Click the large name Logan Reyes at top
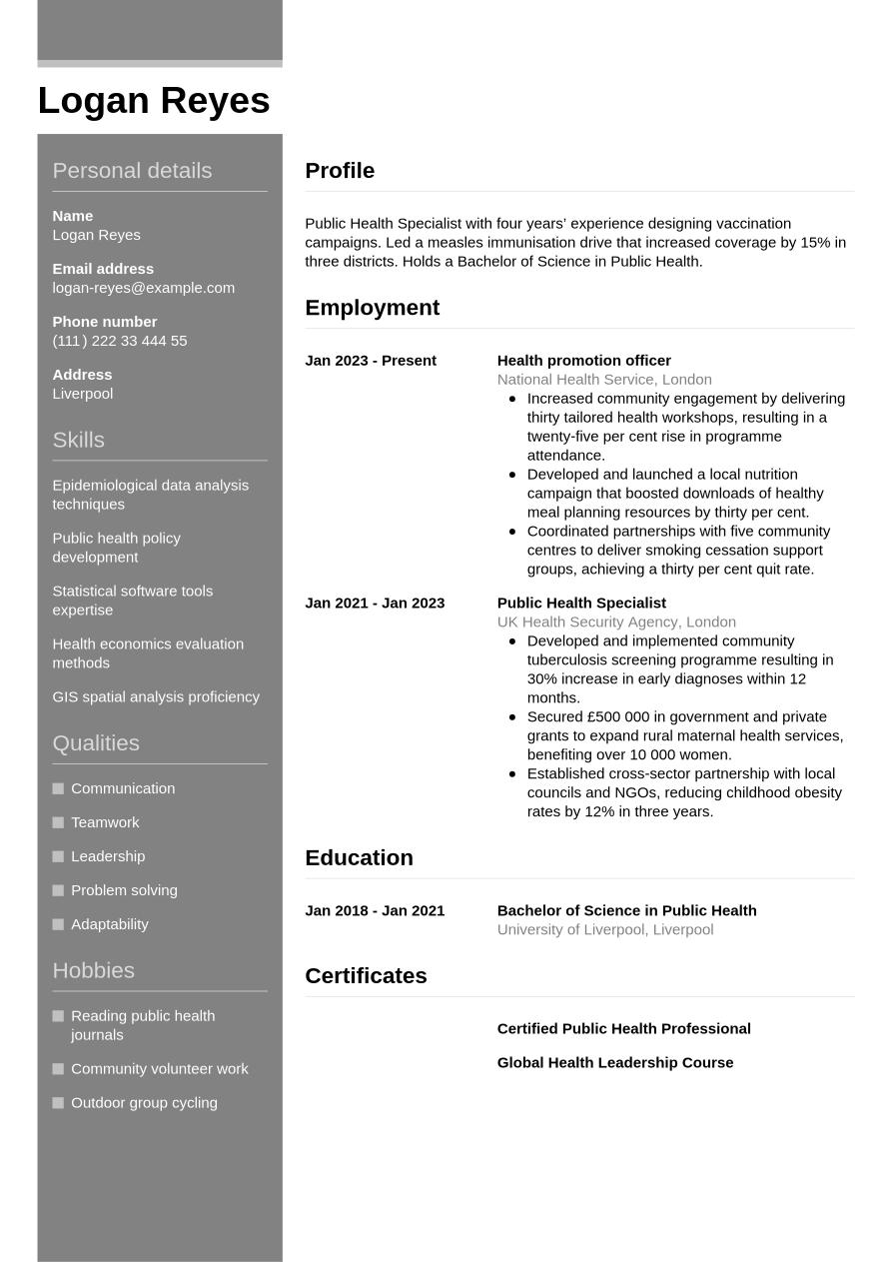coord(154,101)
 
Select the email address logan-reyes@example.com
coord(143,288)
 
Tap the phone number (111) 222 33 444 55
coord(119,341)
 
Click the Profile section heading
coord(340,171)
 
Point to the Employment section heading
coord(372,308)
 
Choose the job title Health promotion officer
coord(583,361)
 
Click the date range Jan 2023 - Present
coord(371,361)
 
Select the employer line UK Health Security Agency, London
coord(616,622)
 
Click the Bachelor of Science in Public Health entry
coord(626,910)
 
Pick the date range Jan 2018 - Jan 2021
coord(375,910)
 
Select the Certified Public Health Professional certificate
coord(623,1028)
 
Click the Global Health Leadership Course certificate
coord(614,1062)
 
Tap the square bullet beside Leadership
coord(58,856)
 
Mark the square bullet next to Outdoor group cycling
coord(58,1103)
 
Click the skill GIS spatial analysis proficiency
coord(156,696)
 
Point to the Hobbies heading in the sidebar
coord(93,970)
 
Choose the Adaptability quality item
coord(109,924)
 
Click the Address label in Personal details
coord(82,375)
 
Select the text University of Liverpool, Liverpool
coord(604,929)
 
